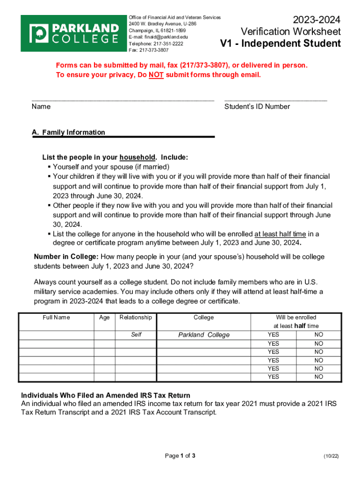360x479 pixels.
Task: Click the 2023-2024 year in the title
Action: pos(317,20)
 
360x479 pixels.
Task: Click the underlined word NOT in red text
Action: pos(156,75)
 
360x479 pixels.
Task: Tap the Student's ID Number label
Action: pos(257,107)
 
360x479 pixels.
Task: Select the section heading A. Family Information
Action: pos(69,132)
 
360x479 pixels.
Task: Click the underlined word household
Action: pos(137,158)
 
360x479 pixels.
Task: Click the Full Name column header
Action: pos(56,318)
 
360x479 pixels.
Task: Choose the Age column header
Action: pos(104,318)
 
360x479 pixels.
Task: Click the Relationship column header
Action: pos(136,318)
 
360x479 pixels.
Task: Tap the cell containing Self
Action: pos(136,335)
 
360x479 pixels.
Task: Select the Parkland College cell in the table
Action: pos(204,335)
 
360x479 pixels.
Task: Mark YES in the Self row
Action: pos(273,335)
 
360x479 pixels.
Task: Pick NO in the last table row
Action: pos(319,377)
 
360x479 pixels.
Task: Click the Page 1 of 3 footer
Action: pos(180,456)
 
